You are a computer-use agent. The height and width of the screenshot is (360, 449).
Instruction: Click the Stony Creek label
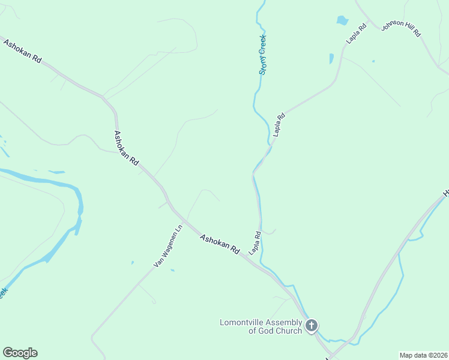(262, 54)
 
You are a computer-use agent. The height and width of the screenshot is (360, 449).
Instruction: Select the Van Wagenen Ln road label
(167, 246)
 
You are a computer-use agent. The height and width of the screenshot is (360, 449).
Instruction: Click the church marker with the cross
(312, 326)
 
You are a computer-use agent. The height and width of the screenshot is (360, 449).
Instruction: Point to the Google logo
(20, 353)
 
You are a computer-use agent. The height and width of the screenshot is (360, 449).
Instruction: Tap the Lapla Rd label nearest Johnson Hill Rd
(356, 33)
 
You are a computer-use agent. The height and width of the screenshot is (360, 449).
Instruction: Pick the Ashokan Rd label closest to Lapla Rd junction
(220, 244)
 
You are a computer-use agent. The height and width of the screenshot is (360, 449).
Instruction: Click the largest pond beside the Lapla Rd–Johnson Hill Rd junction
(342, 20)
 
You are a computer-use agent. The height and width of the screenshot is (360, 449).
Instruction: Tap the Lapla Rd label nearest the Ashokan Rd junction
(255, 242)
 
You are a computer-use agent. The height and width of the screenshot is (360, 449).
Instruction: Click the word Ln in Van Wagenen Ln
(178, 230)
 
